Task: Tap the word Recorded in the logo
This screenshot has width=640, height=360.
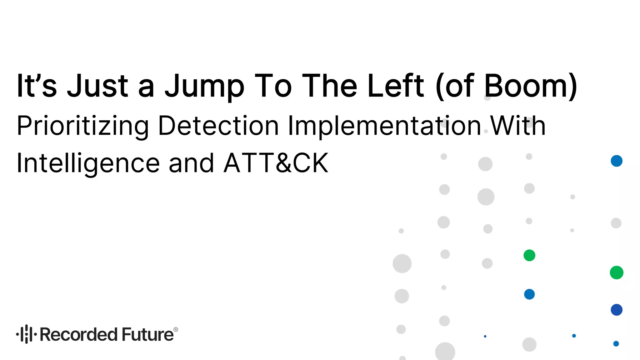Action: pyautogui.click(x=79, y=334)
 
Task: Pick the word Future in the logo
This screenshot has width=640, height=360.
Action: pyautogui.click(x=147, y=334)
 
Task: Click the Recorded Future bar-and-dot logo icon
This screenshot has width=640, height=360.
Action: pyautogui.click(x=27, y=334)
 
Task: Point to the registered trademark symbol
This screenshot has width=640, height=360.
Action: pyautogui.click(x=176, y=329)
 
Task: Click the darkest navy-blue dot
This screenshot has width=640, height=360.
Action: pyautogui.click(x=617, y=310)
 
